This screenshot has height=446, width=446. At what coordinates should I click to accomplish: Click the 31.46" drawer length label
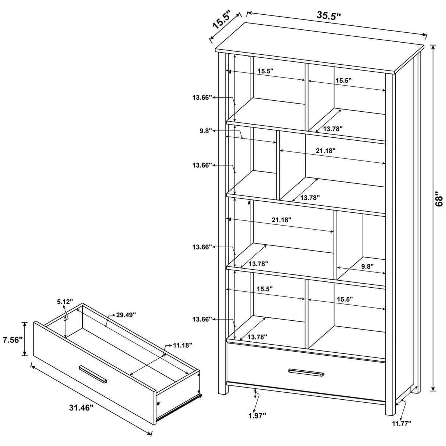pyautogui.click(x=82, y=407)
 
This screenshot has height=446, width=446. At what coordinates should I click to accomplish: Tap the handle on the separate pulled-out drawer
pyautogui.click(x=93, y=374)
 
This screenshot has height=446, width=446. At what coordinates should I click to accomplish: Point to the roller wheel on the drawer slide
pyautogui.click(x=199, y=396)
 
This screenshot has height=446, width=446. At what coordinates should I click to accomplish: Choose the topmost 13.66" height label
pyautogui.click(x=202, y=97)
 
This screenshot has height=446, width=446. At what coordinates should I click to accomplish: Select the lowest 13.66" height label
pyautogui.click(x=202, y=319)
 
